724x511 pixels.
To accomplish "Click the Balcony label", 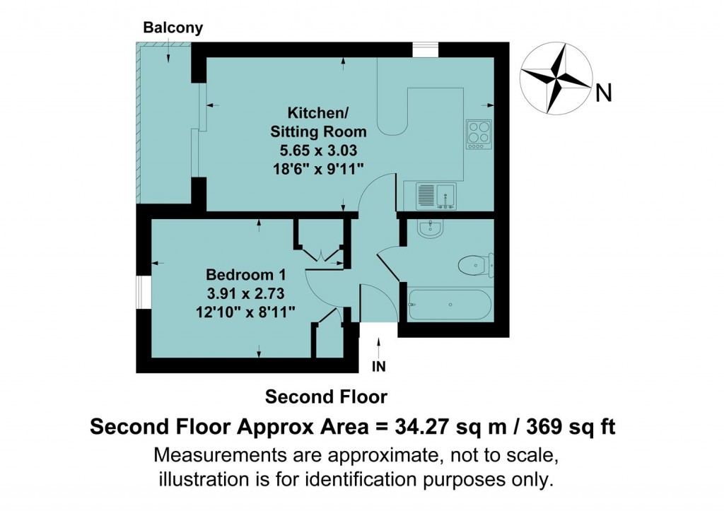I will coord(173,28).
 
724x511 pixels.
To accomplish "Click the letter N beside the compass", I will coord(603,93).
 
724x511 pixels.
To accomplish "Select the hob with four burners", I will coord(478,134).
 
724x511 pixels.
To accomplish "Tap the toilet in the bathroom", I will coord(475,265).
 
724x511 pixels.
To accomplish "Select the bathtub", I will coord(449,305).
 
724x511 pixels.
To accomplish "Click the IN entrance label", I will coord(380,367).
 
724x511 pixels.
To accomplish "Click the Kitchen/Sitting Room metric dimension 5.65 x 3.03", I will coord(319,149).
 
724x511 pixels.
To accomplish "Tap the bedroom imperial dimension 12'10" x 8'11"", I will coord(245,310).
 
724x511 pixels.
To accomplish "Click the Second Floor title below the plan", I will coord(326,397).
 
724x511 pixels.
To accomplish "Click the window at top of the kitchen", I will coord(426,49).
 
